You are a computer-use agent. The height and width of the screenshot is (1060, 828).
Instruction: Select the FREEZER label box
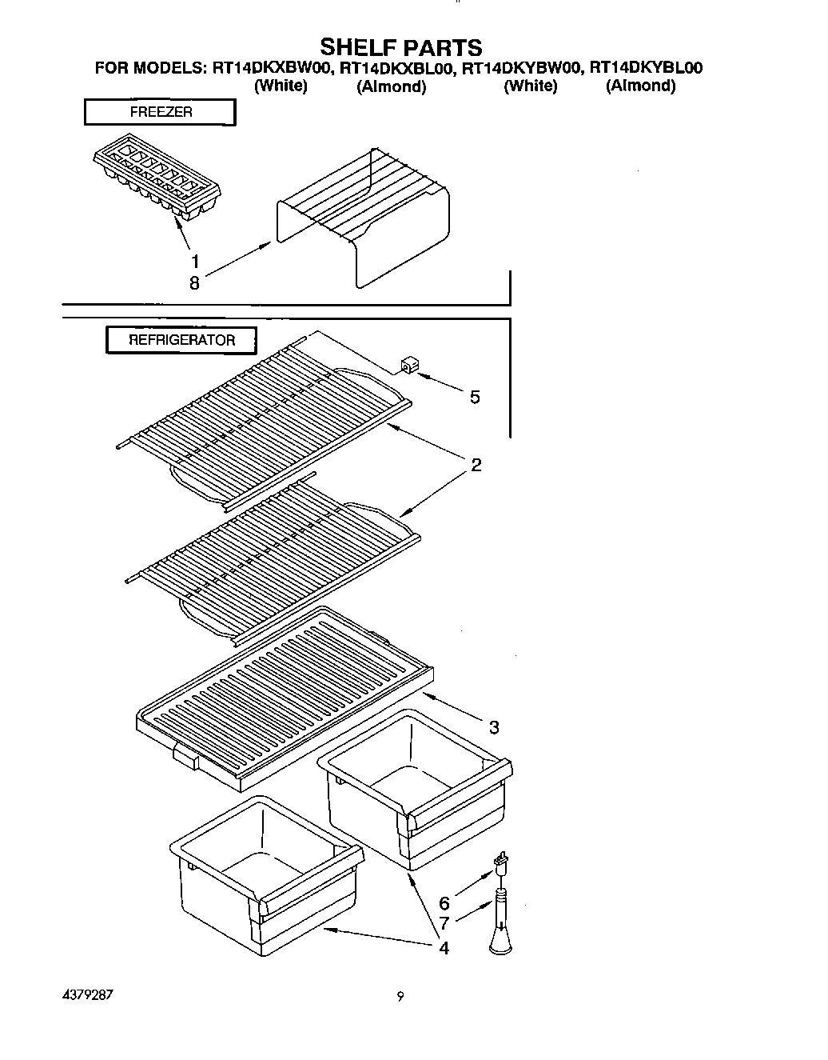pos(160,113)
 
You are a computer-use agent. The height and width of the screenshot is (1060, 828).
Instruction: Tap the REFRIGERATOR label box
pos(181,340)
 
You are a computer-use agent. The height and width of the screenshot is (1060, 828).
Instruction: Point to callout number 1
pos(195,261)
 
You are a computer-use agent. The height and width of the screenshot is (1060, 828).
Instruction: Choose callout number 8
pos(194,282)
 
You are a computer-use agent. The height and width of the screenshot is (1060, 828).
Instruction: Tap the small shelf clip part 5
pos(407,367)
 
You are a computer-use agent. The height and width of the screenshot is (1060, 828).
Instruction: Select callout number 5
pos(475,398)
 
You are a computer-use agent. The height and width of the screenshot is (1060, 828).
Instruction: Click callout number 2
pos(476,465)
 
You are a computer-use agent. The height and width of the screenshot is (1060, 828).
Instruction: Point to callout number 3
pos(494,727)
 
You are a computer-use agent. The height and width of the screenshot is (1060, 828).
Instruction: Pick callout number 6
pos(444,903)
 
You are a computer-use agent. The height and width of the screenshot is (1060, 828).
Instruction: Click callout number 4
pos(443,948)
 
